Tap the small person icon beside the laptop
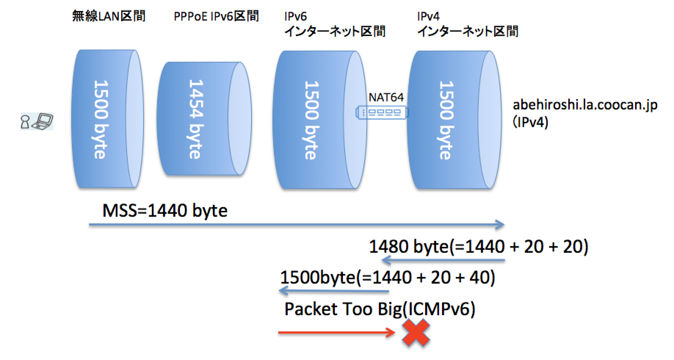coord(25,122)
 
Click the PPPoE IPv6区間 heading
coord(216,16)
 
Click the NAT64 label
coord(386,97)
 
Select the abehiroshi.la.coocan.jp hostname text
coord(585,105)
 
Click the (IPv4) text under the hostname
coord(530,122)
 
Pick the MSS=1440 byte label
coord(165,211)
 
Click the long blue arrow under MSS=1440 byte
coord(297,224)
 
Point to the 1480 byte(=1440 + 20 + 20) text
coord(478,246)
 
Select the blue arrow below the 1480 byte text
coord(443,261)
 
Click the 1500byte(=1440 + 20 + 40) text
coord(387,277)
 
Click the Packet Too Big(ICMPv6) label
coord(380,309)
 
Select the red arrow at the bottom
coord(336,333)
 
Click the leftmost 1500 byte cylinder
coord(106,119)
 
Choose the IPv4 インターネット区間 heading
coord(467,24)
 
